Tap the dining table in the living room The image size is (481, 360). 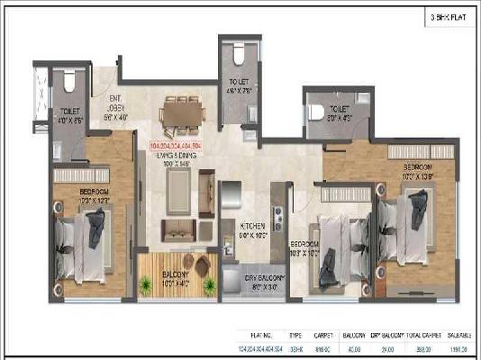(180, 112)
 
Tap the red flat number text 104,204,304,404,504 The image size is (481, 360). (182, 145)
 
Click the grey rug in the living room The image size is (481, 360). (177, 186)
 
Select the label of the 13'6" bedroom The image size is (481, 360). (418, 170)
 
